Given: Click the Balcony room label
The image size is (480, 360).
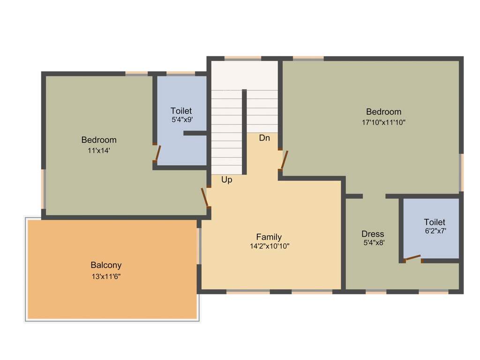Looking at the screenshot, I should pyautogui.click(x=106, y=265).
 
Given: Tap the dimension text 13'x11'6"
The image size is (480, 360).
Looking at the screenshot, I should pyautogui.click(x=106, y=277).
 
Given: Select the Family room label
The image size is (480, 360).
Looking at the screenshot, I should pyautogui.click(x=269, y=237).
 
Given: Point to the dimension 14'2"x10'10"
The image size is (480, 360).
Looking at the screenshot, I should pyautogui.click(x=270, y=246).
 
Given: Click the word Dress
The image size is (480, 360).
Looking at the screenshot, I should pyautogui.click(x=373, y=234).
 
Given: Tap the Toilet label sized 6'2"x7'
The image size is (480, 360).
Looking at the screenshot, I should pyautogui.click(x=435, y=222).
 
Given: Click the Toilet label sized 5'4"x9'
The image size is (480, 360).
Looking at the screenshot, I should pyautogui.click(x=181, y=111).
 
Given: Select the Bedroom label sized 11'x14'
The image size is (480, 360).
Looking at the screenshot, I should pyautogui.click(x=99, y=140).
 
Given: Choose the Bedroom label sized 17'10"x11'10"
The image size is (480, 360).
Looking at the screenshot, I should pyautogui.click(x=383, y=112).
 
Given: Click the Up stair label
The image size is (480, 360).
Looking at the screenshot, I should pyautogui.click(x=226, y=180).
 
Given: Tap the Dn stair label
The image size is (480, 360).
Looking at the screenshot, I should pyautogui.click(x=264, y=138).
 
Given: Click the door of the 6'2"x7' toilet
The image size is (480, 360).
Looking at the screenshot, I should pyautogui.click(x=412, y=258).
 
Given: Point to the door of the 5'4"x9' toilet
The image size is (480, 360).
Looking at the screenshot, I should pyautogui.click(x=158, y=153).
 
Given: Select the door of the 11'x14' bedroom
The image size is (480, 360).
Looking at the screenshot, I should pyautogui.click(x=204, y=197).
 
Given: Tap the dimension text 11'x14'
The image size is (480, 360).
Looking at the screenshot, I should pyautogui.click(x=98, y=150).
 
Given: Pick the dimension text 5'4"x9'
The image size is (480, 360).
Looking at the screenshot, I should pyautogui.click(x=182, y=120).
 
